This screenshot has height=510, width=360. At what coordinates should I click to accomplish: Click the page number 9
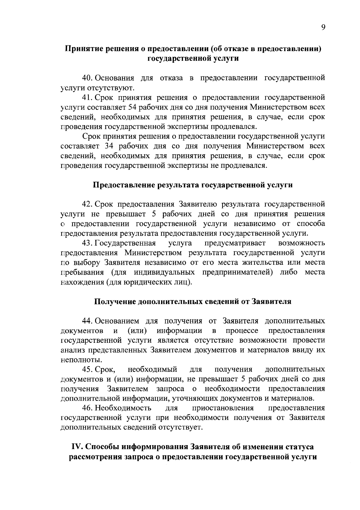pyautogui.click(x=323, y=27)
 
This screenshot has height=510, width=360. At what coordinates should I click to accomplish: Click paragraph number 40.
pyautogui.click(x=88, y=78)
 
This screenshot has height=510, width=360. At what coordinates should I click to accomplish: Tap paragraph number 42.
pyautogui.click(x=88, y=204)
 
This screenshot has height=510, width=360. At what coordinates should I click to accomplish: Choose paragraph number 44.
pyautogui.click(x=88, y=321)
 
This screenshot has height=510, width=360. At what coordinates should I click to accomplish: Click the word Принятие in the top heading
pyautogui.click(x=82, y=49)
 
